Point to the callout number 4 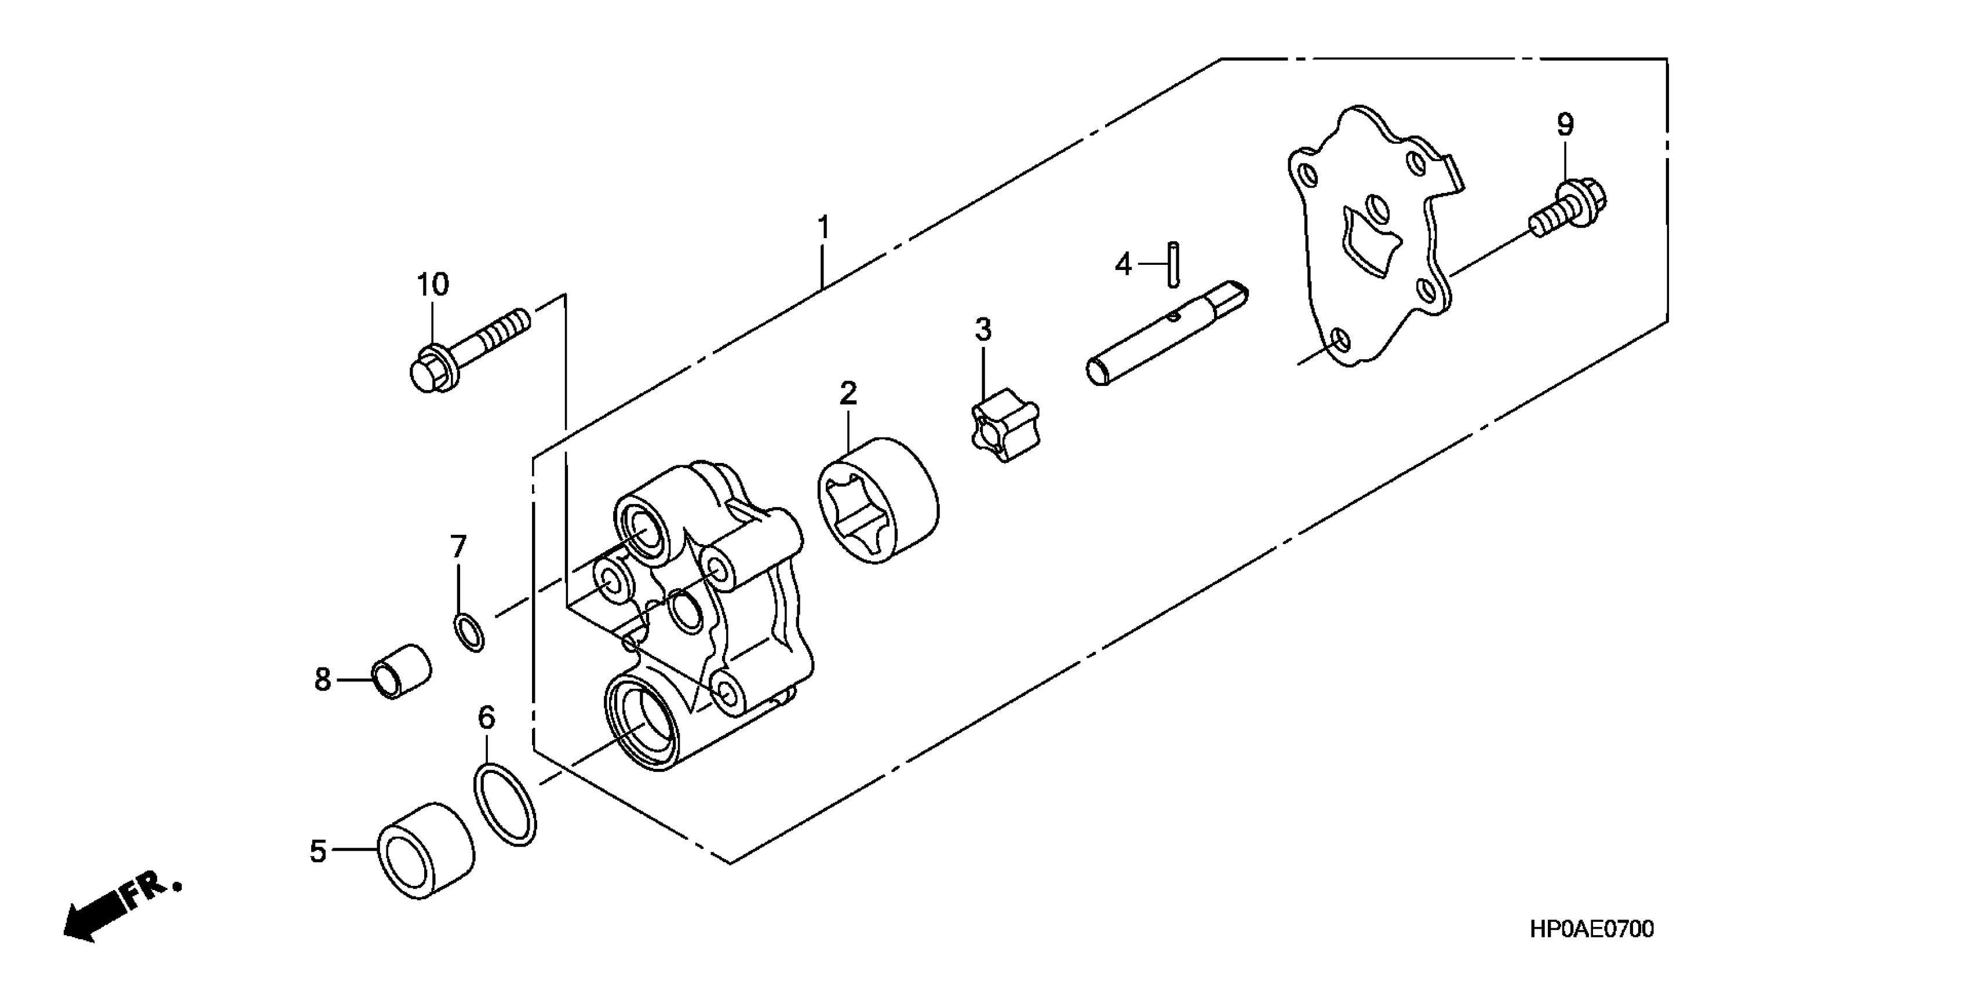[x=1122, y=265]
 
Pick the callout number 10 [x=432, y=284]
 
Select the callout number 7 [x=458, y=546]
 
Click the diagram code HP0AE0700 [x=1591, y=929]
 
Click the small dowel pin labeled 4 [x=1173, y=264]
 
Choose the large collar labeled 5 [x=425, y=852]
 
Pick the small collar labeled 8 [x=400, y=671]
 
